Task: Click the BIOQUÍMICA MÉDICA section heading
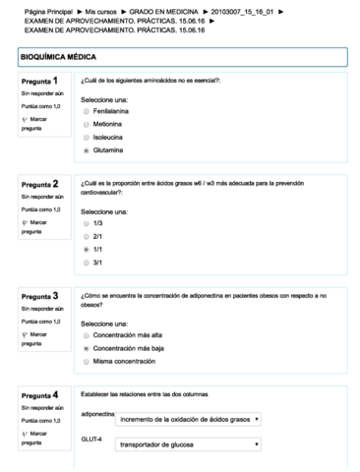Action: pyautogui.click(x=59, y=58)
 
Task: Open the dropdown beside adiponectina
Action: pyautogui.click(x=188, y=419)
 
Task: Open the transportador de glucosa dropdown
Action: pyautogui.click(x=188, y=443)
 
